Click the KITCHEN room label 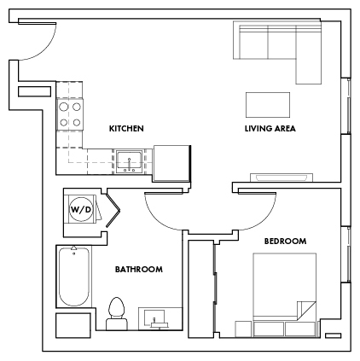125,129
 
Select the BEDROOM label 284,242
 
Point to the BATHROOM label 138,270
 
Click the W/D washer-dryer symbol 80,208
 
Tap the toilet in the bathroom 118,312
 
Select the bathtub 74,277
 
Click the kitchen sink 131,160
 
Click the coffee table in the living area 268,104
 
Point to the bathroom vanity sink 155,317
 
